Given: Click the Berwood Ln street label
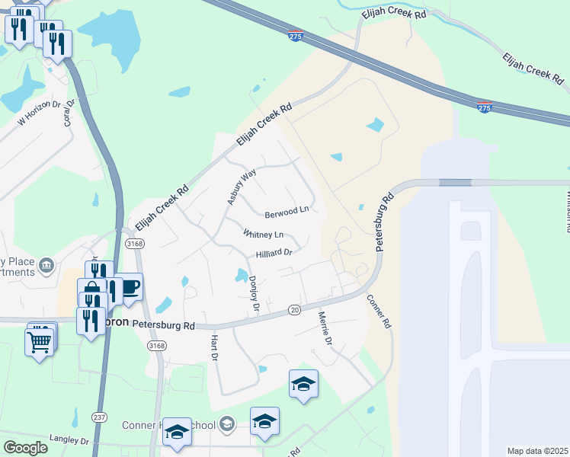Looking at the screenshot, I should click(287, 209).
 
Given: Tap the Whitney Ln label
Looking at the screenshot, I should click(263, 234).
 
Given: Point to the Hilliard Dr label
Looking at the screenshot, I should click(274, 253).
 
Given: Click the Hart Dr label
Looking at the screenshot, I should click(214, 347).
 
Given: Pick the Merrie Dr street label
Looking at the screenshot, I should click(325, 328).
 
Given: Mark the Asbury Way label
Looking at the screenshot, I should click(240, 187).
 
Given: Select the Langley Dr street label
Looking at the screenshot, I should click(69, 441).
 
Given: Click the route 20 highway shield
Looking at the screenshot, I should click(294, 309).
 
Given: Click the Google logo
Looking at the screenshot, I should click(25, 448).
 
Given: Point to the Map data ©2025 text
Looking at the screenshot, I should click(536, 451).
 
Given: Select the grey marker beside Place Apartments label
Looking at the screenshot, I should click(46, 265).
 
